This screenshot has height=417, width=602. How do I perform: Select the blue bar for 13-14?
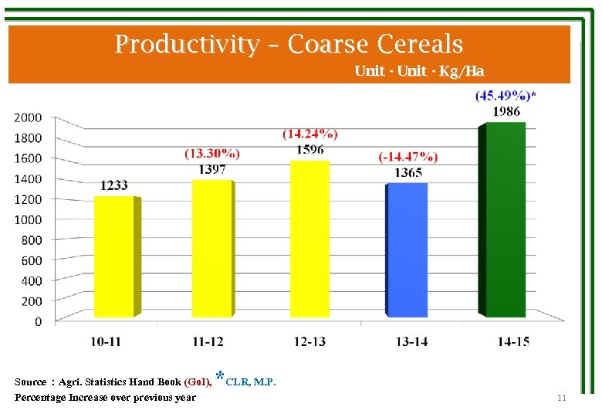click(x=407, y=251)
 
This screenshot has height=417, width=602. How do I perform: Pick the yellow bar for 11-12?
click(x=211, y=249)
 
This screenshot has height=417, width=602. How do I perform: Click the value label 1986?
click(x=506, y=111)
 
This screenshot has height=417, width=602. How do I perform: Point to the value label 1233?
click(x=114, y=185)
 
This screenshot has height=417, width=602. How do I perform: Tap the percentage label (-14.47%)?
click(x=408, y=157)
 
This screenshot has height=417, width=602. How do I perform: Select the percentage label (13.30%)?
click(x=211, y=153)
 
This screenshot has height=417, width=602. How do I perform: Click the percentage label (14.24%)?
click(x=309, y=134)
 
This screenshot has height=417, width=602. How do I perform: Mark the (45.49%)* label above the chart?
click(x=506, y=96)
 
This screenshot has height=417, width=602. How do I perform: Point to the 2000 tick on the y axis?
click(x=29, y=117)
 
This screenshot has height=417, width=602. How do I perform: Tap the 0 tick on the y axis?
click(x=38, y=321)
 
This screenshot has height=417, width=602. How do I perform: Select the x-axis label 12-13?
click(x=309, y=342)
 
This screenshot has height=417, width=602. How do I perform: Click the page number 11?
click(x=561, y=398)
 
